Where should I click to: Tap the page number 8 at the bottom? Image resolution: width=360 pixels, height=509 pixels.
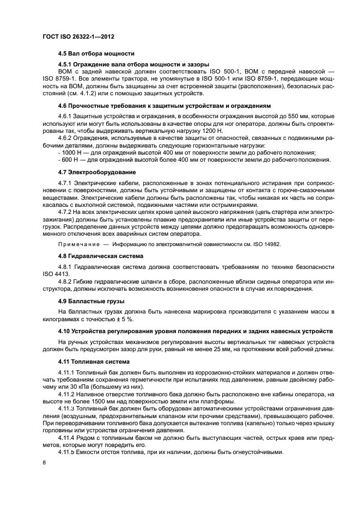[45, 461]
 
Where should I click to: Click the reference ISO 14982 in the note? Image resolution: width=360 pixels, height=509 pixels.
[266, 244]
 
